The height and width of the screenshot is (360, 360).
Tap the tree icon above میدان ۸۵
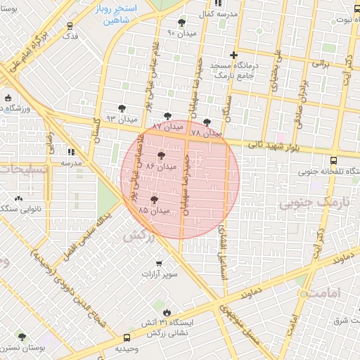point(154,200)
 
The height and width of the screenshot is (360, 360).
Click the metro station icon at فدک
point(69,27)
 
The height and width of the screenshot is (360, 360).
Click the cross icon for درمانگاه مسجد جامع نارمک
point(234,55)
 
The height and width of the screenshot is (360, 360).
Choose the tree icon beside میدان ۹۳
point(123,108)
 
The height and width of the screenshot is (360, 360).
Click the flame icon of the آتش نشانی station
point(166,312)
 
